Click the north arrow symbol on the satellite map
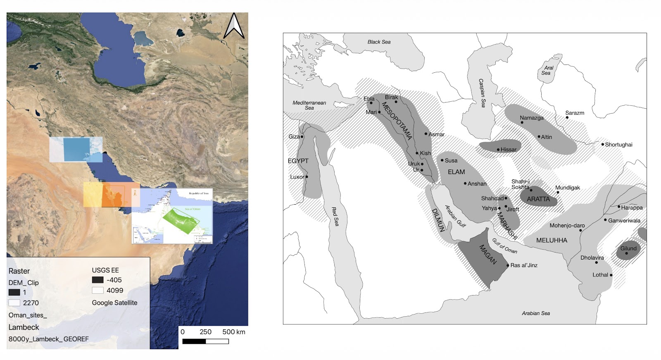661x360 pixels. point(234,26)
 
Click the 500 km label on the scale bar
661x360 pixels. point(233,332)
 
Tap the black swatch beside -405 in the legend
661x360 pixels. point(97,280)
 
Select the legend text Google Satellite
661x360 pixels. point(114,303)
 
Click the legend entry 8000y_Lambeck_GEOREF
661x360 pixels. point(48,339)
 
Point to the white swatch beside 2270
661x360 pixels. point(14,303)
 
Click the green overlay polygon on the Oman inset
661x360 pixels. point(181,221)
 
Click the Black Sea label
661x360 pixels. point(379,42)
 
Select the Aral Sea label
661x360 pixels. point(547,70)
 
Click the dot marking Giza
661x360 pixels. point(302,136)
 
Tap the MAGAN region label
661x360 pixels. point(487,255)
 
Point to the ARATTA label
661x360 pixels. point(538,199)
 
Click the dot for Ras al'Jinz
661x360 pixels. point(508,265)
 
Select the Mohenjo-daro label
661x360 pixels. point(567,226)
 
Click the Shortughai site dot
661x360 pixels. point(602,144)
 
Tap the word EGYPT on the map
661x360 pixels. point(298,161)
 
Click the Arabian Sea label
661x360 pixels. point(535,313)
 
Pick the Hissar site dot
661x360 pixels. point(498,150)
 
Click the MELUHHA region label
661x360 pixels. point(552,240)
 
